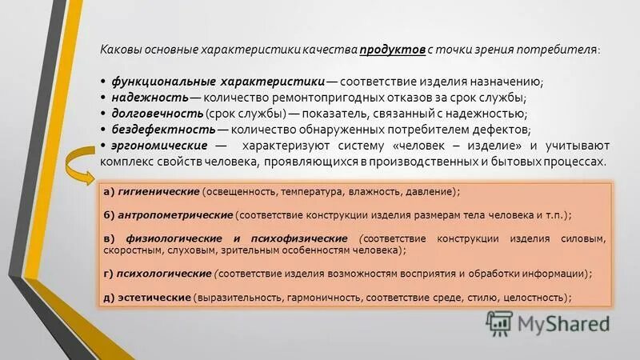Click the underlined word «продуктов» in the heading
(x=392, y=50)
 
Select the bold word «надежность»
(x=148, y=98)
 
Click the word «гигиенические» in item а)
(x=159, y=193)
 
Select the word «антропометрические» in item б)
(x=176, y=216)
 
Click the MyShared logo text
(x=563, y=323)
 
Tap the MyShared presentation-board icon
(x=499, y=322)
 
